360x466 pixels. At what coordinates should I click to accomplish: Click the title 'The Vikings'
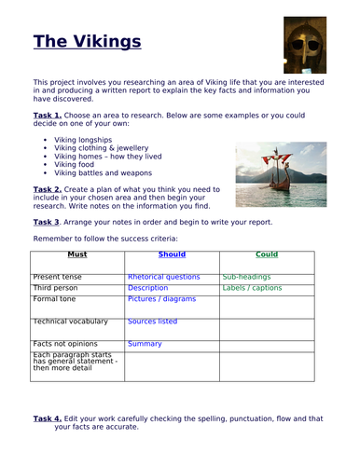point(87,42)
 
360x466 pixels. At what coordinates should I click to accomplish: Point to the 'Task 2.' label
point(48,188)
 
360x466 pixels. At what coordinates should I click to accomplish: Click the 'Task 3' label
point(47,223)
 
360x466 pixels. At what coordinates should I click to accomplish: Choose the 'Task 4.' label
point(48,418)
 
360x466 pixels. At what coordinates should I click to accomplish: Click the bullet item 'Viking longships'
point(84,139)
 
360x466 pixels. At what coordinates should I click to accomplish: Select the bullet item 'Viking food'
point(75,164)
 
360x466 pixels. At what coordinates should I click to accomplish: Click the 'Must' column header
point(77,254)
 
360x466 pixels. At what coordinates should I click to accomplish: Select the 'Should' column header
point(172,254)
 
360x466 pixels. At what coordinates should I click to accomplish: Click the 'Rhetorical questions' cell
point(163,277)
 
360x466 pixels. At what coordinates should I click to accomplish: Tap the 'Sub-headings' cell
point(246,277)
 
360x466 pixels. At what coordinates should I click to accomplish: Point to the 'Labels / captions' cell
point(252,288)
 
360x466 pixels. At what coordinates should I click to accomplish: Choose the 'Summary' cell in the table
point(145,344)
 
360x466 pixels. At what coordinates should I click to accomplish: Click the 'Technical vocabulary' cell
point(70,322)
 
